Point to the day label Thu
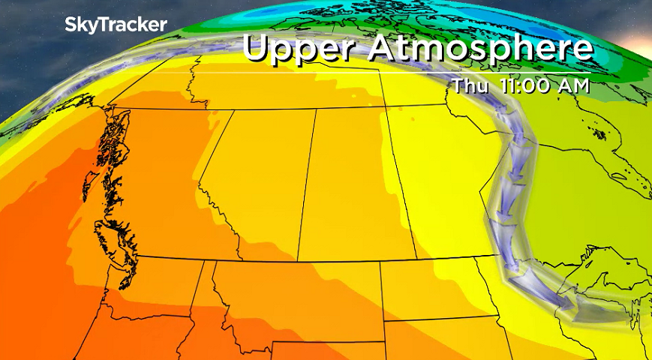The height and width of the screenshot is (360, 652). (x=470, y=85)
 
